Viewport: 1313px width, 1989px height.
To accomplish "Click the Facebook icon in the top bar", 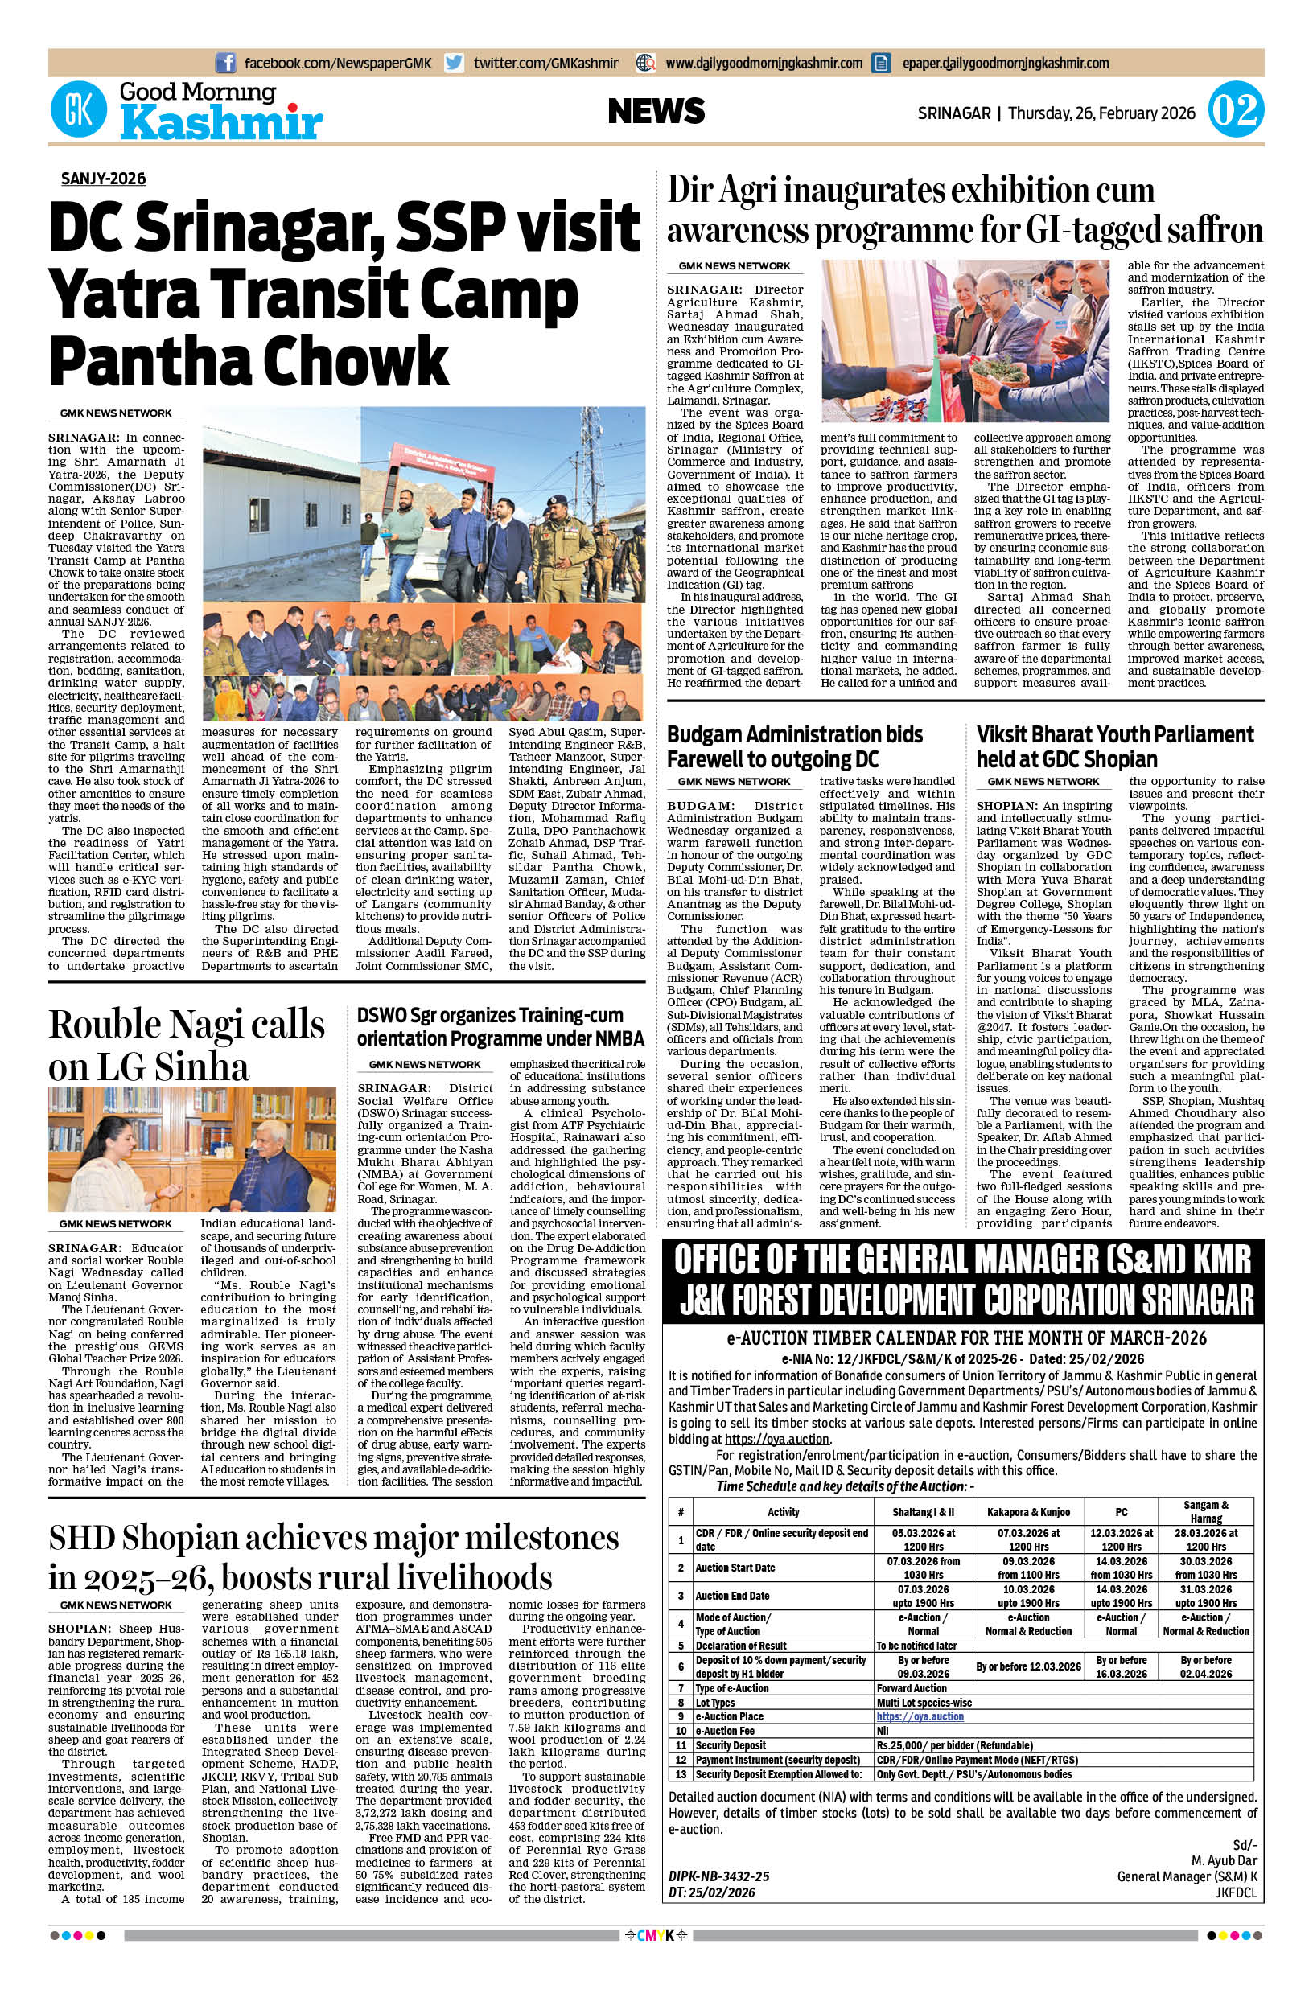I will tap(225, 63).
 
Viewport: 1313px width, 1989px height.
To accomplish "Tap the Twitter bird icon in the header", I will tap(455, 63).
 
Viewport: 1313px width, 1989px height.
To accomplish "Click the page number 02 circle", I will tap(1234, 111).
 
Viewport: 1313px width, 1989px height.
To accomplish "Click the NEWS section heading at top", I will tap(656, 111).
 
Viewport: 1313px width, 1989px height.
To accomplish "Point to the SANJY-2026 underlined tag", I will tap(103, 179).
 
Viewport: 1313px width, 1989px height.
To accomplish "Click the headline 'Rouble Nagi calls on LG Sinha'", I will tap(186, 1046).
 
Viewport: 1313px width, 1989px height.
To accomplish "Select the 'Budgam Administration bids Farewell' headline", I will tap(795, 746).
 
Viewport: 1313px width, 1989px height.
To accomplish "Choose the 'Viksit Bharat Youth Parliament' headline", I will tap(1114, 746).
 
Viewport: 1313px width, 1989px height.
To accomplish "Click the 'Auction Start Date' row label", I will tap(735, 1567).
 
